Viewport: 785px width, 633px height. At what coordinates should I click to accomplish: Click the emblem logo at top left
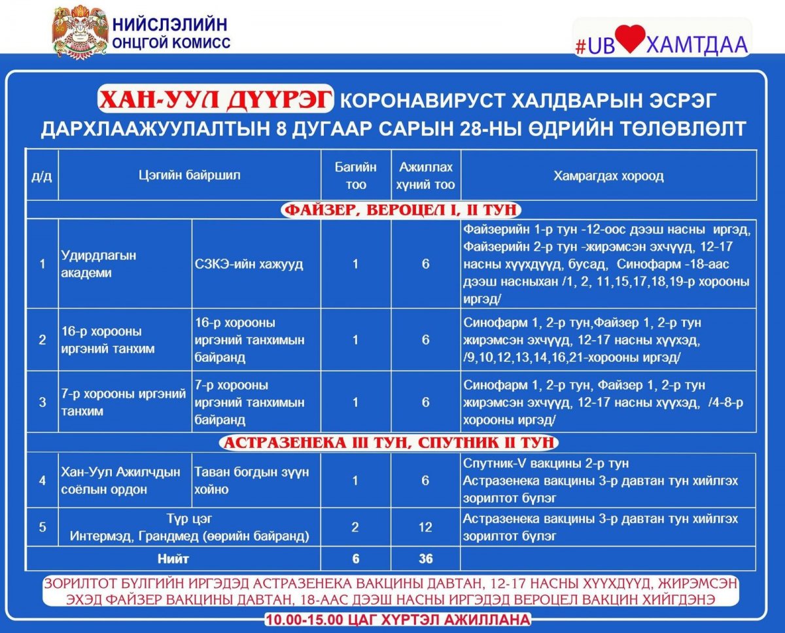79,31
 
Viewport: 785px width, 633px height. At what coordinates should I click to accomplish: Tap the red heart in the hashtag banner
630,40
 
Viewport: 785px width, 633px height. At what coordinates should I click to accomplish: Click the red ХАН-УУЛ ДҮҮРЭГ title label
215,101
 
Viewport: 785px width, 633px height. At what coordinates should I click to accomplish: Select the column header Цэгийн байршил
189,175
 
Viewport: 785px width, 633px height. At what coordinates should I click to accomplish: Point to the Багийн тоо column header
355,175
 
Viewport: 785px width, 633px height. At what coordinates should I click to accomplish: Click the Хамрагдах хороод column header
608,175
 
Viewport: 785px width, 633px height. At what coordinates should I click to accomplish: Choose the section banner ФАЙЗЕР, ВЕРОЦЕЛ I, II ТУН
400,210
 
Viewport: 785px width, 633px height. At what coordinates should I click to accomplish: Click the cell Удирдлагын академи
99,264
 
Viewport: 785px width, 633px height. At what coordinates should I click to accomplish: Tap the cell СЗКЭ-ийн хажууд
249,264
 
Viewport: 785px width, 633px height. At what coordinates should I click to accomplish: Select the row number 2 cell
43,340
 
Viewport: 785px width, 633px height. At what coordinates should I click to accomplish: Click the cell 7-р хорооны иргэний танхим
124,402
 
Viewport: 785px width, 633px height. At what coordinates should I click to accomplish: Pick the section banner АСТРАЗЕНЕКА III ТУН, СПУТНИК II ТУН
390,443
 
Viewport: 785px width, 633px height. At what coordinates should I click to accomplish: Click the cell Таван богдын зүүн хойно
251,480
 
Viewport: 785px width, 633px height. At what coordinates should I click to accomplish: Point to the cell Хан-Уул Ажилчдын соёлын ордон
120,480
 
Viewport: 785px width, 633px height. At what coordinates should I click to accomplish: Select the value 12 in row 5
425,527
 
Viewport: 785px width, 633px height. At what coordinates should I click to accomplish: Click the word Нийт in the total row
173,559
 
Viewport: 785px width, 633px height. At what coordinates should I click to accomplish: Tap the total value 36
425,559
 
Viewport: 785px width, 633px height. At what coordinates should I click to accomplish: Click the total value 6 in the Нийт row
355,559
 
